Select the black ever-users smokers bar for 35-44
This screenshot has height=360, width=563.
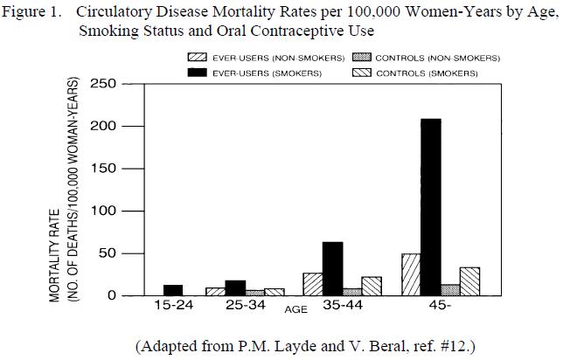point(332,268)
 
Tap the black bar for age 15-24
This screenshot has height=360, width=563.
point(174,290)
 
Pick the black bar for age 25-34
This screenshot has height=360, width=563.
point(235,287)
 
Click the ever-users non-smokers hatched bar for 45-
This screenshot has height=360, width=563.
point(411,274)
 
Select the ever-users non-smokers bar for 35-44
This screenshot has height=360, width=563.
point(312,284)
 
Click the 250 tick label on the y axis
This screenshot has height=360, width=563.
point(102,84)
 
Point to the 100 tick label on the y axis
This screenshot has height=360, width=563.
point(102,211)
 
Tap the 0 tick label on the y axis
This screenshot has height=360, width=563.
point(110,296)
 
